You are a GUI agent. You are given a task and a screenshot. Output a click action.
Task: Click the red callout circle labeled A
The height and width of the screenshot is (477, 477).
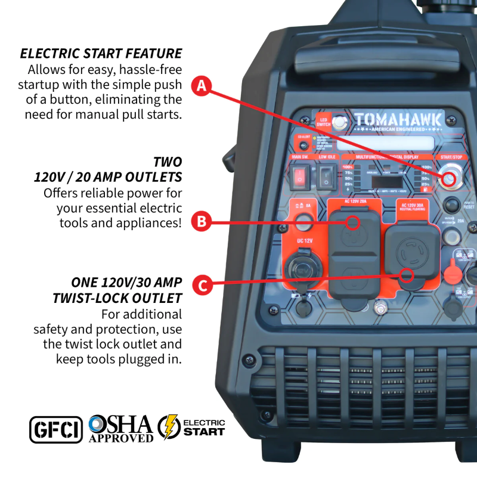point(202,85)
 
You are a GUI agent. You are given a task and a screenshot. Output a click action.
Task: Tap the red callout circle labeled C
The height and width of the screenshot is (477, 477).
point(202,284)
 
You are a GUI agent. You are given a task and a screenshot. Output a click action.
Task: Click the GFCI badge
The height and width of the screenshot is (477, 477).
point(56,429)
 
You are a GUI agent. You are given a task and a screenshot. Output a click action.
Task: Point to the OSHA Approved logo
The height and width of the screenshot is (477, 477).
point(120,429)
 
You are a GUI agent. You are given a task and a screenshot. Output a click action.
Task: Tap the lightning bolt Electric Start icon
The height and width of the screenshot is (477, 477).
point(169,428)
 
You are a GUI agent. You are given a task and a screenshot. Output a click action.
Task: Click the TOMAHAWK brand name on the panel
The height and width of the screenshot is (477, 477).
point(398,120)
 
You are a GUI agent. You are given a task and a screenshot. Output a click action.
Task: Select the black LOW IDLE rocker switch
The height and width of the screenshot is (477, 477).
point(326,176)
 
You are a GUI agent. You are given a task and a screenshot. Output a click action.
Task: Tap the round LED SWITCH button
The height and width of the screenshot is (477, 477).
point(340,122)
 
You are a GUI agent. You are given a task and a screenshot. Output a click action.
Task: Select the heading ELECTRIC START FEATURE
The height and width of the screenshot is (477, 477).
point(101,53)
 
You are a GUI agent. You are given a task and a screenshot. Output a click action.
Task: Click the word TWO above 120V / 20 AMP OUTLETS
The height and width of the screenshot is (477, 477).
point(167,162)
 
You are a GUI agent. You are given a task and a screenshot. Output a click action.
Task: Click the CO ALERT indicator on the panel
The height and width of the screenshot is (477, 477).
point(303,141)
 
